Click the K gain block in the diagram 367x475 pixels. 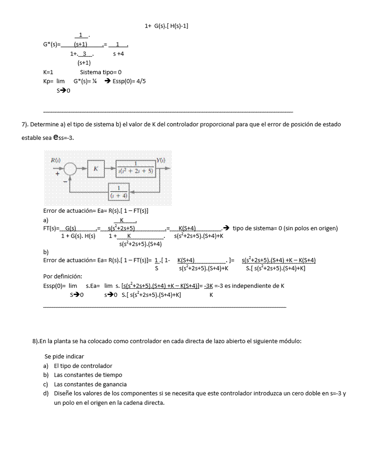(x=96, y=169)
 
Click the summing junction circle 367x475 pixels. (x=70, y=169)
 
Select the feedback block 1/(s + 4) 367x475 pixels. (x=119, y=192)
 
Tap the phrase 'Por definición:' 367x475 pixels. (x=63, y=276)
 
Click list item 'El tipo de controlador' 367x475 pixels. (x=83, y=366)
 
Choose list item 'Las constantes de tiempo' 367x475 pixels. (x=88, y=375)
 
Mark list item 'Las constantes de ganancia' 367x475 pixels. (x=90, y=384)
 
